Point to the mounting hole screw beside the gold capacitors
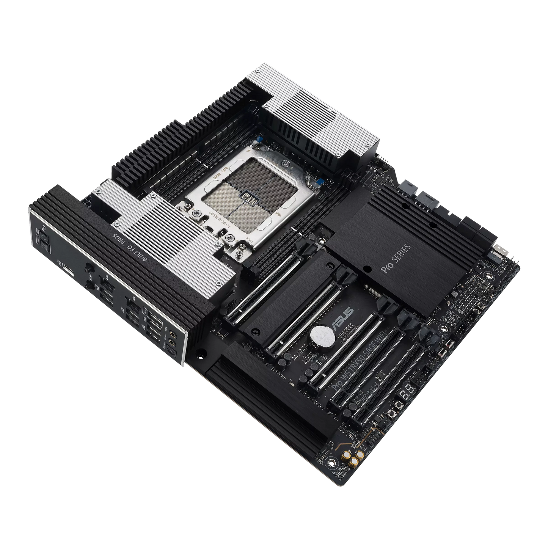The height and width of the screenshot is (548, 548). tap(334, 463)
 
